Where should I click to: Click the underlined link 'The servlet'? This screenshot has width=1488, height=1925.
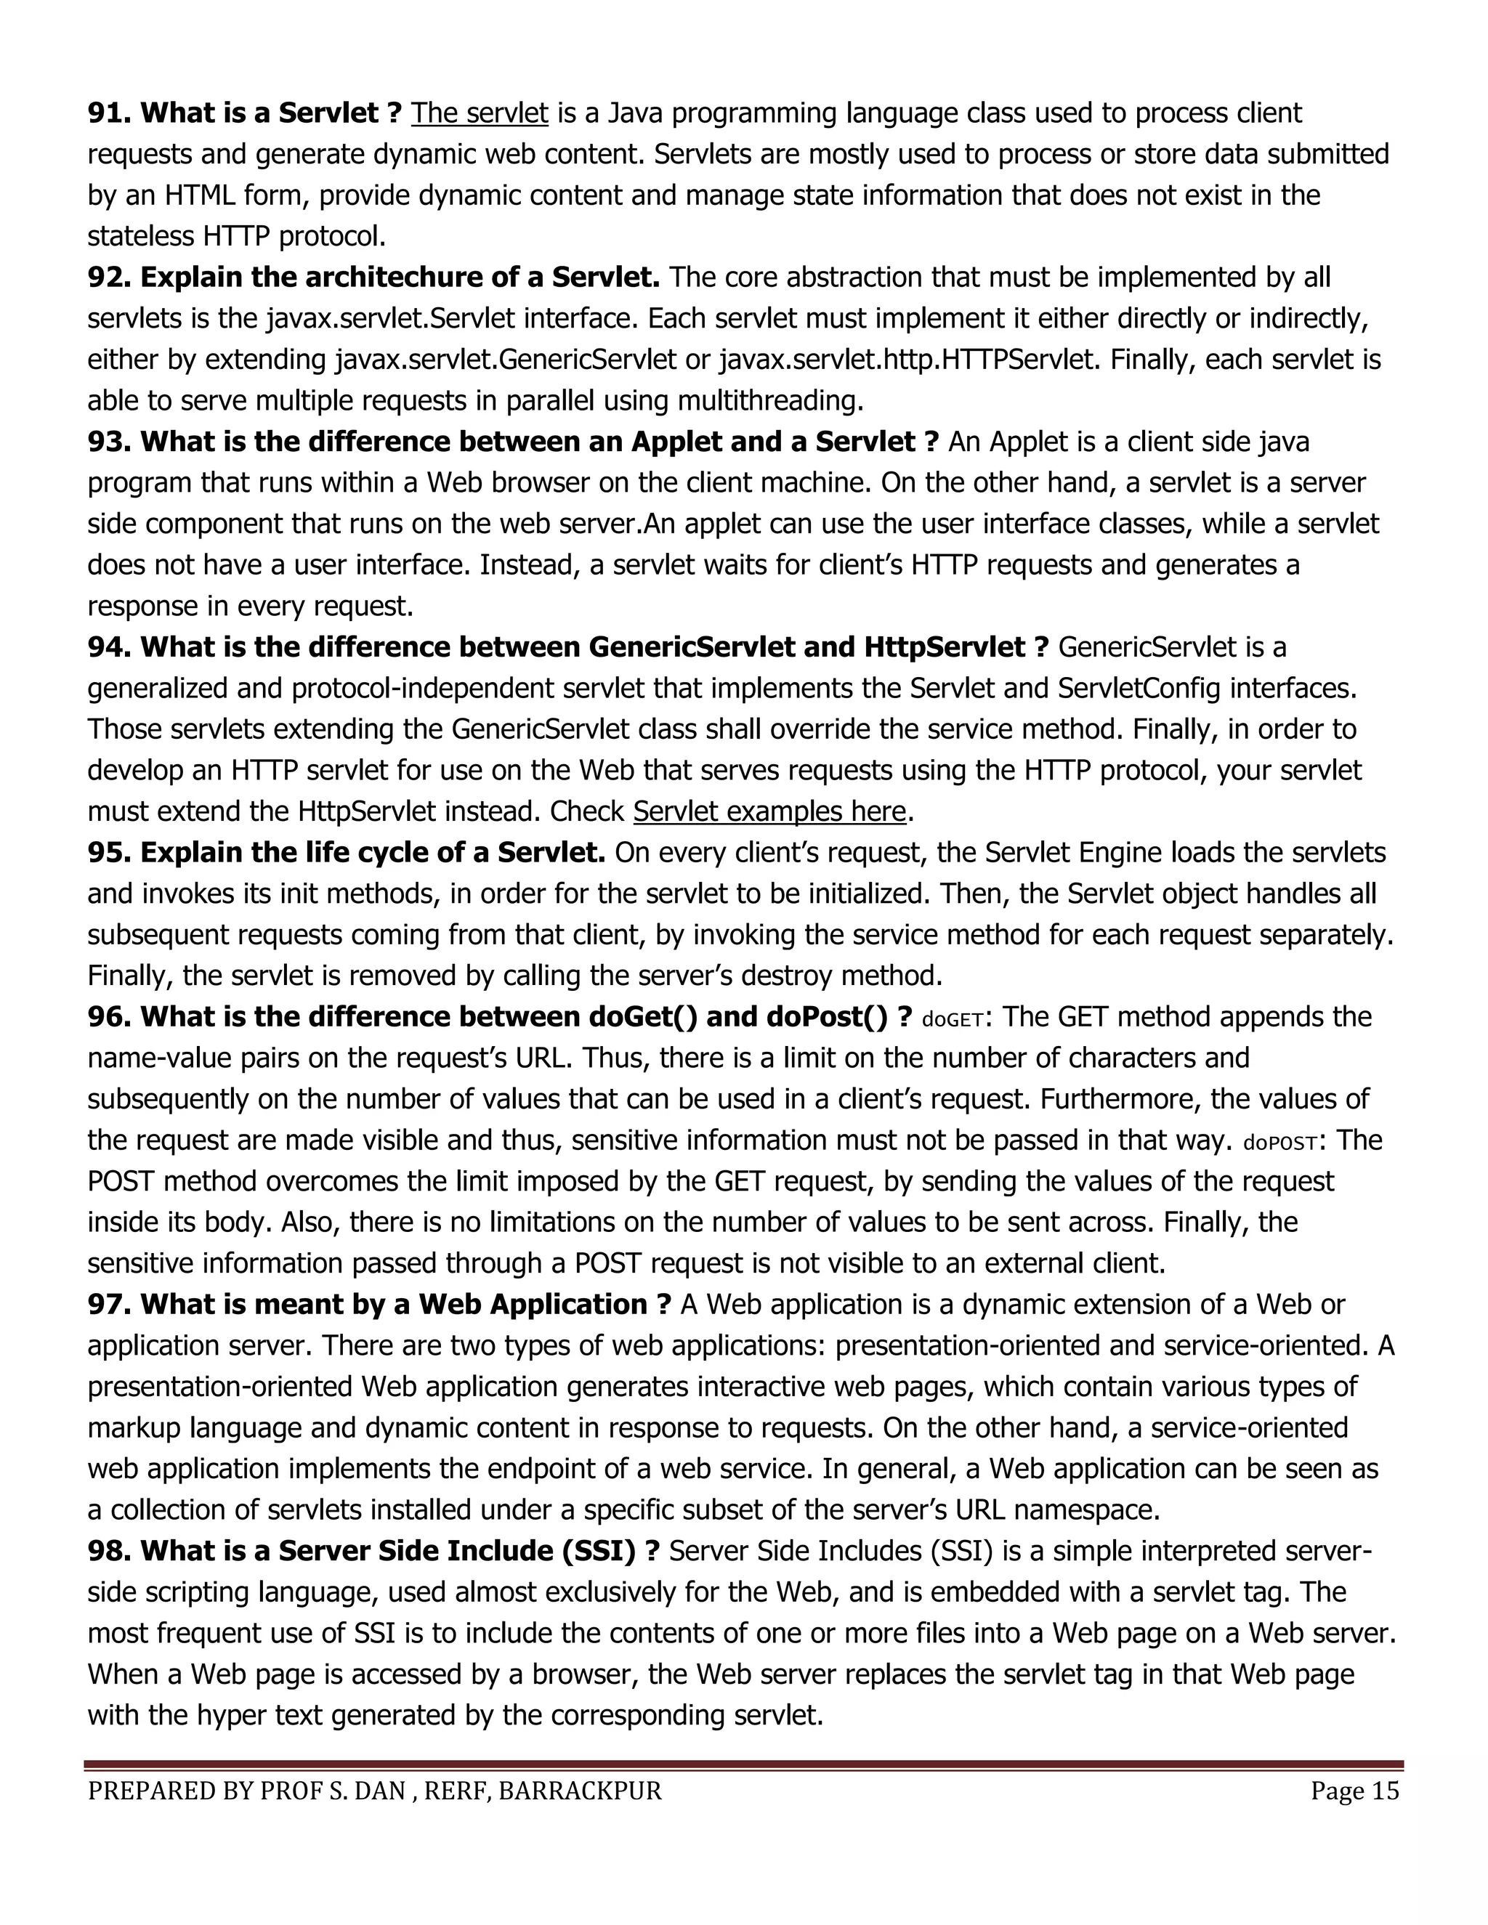[x=480, y=114]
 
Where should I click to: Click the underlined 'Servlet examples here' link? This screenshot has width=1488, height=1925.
[x=769, y=811]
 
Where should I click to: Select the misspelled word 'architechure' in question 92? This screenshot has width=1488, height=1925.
[x=390, y=277]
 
